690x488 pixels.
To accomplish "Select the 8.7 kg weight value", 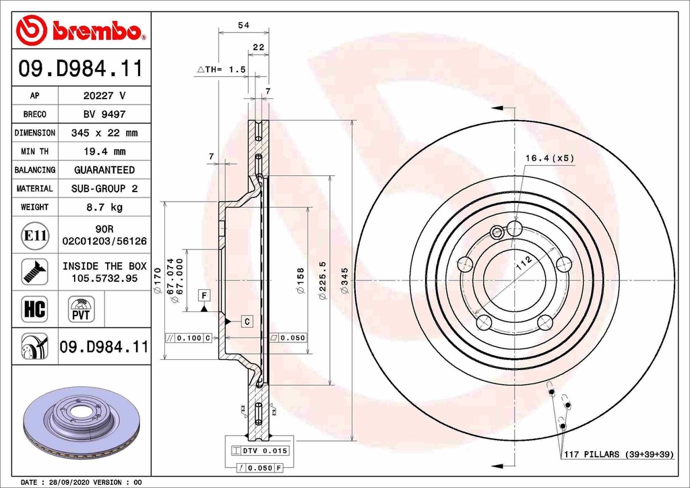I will (x=104, y=207).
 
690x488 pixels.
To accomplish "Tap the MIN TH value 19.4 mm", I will (x=104, y=152).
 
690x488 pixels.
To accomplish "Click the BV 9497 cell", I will (x=104, y=115).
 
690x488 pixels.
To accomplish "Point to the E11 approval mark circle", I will (x=35, y=235).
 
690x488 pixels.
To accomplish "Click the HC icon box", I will (x=34, y=309).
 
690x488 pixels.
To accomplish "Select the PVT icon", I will (x=81, y=310).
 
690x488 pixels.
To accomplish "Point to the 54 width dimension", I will (x=243, y=25).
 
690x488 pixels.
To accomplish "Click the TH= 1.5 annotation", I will (x=222, y=69).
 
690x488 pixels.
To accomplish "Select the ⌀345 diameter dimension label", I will (x=344, y=280).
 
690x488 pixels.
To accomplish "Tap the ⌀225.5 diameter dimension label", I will (x=323, y=280).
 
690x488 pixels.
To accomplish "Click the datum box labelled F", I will (x=203, y=295).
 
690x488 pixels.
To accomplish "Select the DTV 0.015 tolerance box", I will (x=259, y=450).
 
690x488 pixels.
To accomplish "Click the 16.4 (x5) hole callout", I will (x=549, y=158).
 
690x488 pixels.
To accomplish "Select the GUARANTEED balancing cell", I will (x=104, y=170).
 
